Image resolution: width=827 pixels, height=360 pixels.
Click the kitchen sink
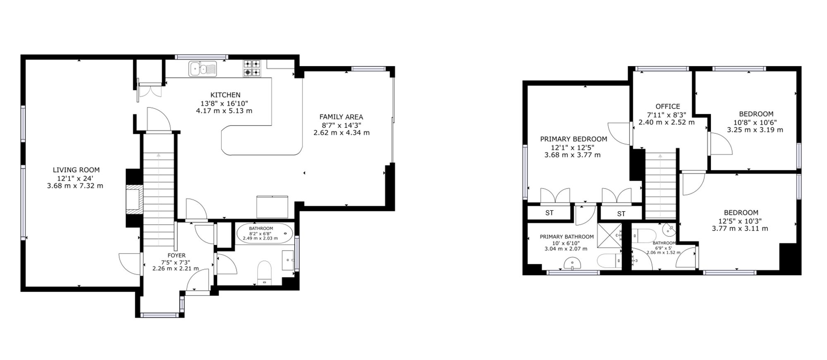tap(203, 69)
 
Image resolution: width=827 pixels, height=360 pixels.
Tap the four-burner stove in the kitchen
tap(252, 68)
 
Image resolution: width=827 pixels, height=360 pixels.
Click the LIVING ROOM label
tap(76, 170)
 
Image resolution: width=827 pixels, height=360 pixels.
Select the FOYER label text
tap(177, 255)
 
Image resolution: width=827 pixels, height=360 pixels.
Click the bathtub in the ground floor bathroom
tap(265, 233)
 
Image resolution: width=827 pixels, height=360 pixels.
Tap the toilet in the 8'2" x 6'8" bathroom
tap(264, 273)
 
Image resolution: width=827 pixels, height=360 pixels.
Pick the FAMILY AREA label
tap(341, 117)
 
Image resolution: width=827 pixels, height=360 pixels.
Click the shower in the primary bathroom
tap(609, 236)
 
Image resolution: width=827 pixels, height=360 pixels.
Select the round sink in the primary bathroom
tap(573, 264)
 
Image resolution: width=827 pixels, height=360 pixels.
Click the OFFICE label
tap(668, 107)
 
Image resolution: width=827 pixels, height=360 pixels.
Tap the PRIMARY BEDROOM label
tap(574, 139)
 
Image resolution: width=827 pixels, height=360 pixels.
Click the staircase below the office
tap(660, 185)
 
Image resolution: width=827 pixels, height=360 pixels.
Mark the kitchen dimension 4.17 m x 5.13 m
tap(224, 111)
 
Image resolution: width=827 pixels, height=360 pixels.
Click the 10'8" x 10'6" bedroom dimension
tap(755, 122)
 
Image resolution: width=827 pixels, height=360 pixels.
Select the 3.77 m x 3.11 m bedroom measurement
tap(740, 229)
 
